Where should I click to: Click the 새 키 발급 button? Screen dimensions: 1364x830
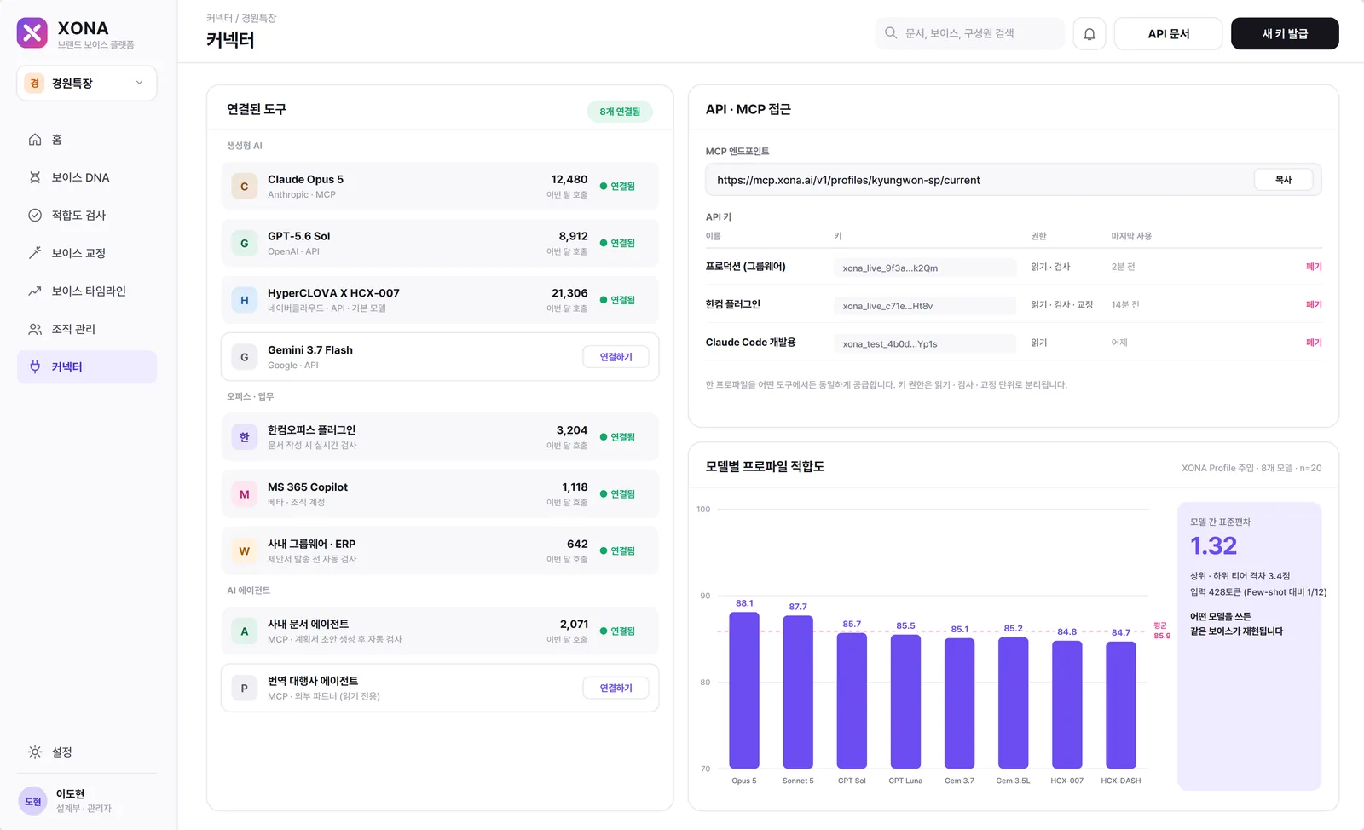pos(1284,33)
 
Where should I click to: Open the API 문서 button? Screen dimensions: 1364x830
pos(1168,33)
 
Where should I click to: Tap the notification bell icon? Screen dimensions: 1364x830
pos(1089,33)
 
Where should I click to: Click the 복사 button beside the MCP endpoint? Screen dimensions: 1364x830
pos(1283,180)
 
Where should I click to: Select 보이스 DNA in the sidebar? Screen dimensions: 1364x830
pos(80,177)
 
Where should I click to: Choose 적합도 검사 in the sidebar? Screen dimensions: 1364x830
pos(78,215)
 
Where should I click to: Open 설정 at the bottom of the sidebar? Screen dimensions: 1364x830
pos(61,752)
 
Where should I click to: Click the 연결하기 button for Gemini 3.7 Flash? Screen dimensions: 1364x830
pos(616,356)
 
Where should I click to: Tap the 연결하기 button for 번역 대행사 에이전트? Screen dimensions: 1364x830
pos(616,688)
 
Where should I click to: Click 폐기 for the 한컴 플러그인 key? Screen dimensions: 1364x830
pos(1314,304)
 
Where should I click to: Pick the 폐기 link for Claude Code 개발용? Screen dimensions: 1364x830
pos(1314,342)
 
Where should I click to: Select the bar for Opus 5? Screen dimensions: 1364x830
pos(744,690)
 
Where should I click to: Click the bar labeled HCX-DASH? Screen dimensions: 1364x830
pos(1120,705)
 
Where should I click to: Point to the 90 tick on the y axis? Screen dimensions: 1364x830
pos(704,595)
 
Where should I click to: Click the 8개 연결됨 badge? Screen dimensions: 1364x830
pos(619,112)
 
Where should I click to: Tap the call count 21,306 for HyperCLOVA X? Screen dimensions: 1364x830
pos(569,292)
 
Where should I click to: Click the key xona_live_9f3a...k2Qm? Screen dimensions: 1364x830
pos(890,268)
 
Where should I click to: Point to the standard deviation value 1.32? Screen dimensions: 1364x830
pos(1213,545)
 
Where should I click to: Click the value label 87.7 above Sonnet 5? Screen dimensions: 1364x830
pos(798,607)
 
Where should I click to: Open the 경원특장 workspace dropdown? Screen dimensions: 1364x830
pos(86,83)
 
